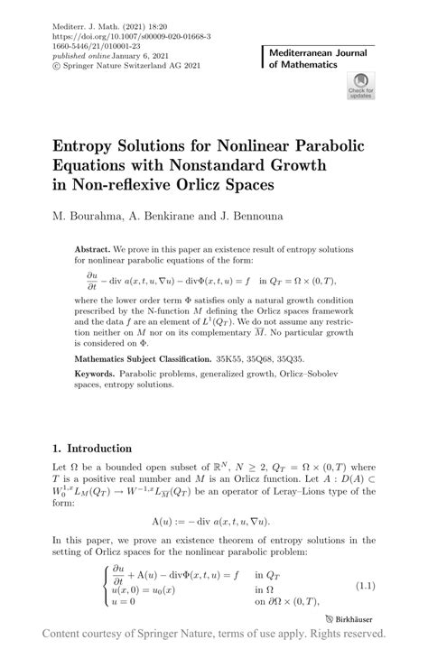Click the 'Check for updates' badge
click(x=360, y=88)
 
